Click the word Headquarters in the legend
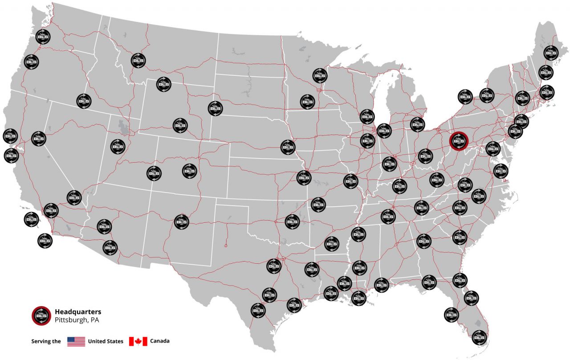(78, 311)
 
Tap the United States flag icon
(76, 342)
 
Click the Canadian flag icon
(138, 342)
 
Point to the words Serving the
(46, 342)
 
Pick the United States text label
(106, 342)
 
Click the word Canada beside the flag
(160, 342)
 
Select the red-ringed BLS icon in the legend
(41, 315)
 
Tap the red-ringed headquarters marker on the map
(458, 141)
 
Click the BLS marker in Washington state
(43, 37)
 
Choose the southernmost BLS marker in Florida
(479, 337)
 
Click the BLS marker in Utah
(118, 146)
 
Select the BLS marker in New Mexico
(181, 221)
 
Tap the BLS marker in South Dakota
(215, 108)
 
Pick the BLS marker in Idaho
(83, 101)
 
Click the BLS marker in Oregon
(31, 61)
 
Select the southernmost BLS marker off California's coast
(45, 241)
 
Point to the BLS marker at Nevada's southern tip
(74, 197)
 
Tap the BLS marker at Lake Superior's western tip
(320, 75)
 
